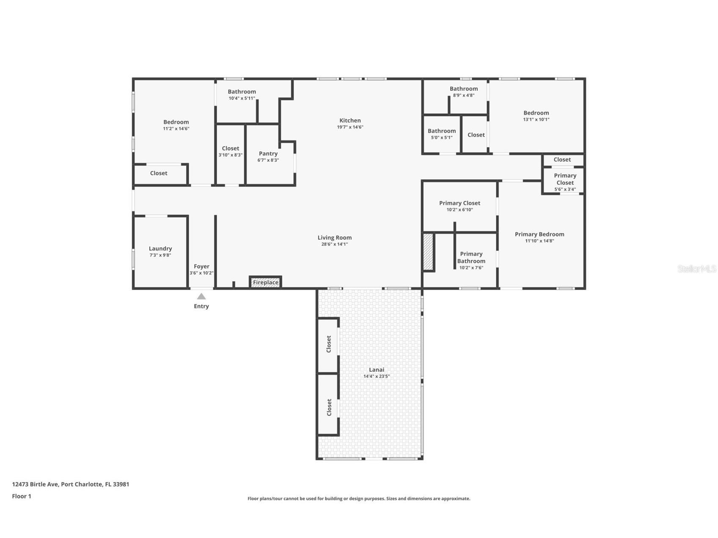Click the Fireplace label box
click(x=266, y=282)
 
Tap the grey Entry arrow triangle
click(x=201, y=296)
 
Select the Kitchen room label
click(x=350, y=121)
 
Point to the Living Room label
click(x=335, y=238)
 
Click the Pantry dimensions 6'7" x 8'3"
click(x=268, y=160)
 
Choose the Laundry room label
click(x=160, y=249)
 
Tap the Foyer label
click(x=201, y=266)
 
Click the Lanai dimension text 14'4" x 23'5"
click(x=377, y=376)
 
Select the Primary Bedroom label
click(x=539, y=234)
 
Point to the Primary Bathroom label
click(x=471, y=257)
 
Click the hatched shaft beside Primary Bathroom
click(x=428, y=252)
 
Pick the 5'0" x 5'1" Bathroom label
click(x=442, y=131)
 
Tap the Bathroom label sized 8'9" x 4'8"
click(x=464, y=89)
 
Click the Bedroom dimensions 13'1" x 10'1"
click(x=536, y=119)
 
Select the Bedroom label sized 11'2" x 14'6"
click(x=176, y=122)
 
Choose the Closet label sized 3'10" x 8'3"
click(x=231, y=148)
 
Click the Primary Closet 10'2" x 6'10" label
click(x=459, y=203)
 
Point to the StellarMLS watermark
click(x=697, y=269)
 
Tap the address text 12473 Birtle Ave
click(x=36, y=484)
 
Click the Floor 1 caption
click(x=22, y=496)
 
